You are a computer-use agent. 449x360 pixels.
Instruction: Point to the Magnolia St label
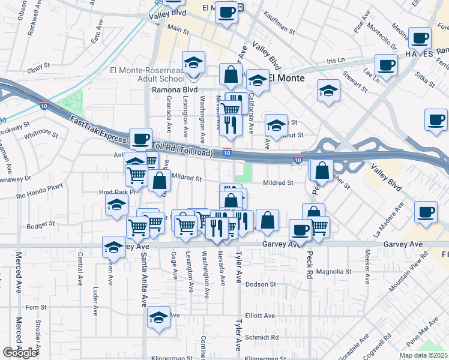pos(334,271)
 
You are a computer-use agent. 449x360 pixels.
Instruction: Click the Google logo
pos(20,353)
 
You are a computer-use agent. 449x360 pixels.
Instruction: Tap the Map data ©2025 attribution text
pos(423,355)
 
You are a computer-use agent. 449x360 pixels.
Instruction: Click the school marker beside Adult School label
pos(194,63)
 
